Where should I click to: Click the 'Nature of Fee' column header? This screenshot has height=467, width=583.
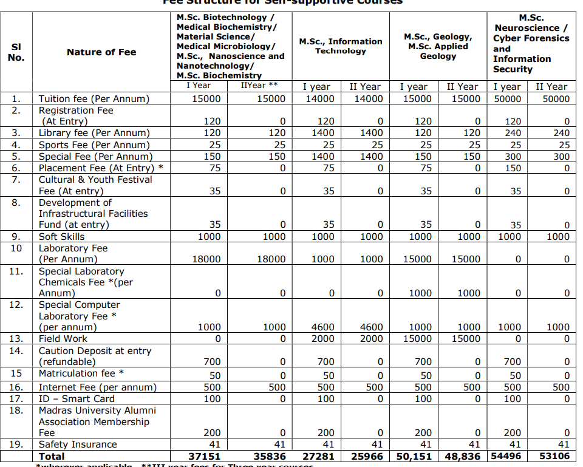click(x=101, y=52)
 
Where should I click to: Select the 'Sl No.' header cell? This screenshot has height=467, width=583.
click(x=16, y=52)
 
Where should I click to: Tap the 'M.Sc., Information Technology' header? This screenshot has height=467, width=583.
click(x=341, y=46)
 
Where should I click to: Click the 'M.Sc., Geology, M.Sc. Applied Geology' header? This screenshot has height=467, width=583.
click(x=437, y=46)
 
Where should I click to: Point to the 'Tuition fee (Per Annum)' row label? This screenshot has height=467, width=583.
click(x=94, y=99)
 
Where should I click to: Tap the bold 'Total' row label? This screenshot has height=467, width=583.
click(x=52, y=456)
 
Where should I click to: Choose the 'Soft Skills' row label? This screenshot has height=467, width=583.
click(x=61, y=237)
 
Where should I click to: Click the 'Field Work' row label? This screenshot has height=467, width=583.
click(x=63, y=339)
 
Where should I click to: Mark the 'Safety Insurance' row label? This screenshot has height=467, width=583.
click(x=77, y=445)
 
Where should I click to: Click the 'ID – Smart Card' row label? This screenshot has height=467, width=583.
click(x=77, y=399)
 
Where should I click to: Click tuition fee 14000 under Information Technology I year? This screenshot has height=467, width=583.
click(x=319, y=99)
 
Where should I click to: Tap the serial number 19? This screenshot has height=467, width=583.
click(x=16, y=445)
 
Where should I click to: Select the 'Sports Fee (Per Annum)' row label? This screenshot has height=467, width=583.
click(x=94, y=145)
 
